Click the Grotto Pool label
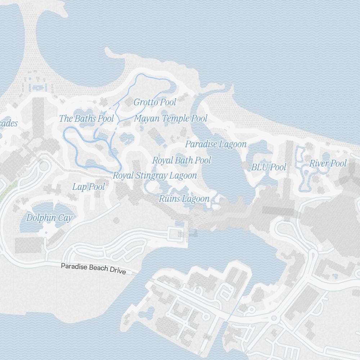(x=155, y=102)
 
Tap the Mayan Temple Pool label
(x=171, y=118)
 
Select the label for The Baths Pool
(x=86, y=118)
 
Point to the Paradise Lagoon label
(x=216, y=144)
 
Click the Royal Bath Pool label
(x=181, y=160)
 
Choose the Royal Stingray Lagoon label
(x=155, y=176)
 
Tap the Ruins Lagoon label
(x=184, y=198)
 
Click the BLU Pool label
(x=269, y=167)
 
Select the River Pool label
(x=328, y=163)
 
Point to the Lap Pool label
(x=89, y=186)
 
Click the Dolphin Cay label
(x=49, y=218)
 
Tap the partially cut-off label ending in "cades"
(x=8, y=123)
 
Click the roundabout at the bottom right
(x=274, y=318)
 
